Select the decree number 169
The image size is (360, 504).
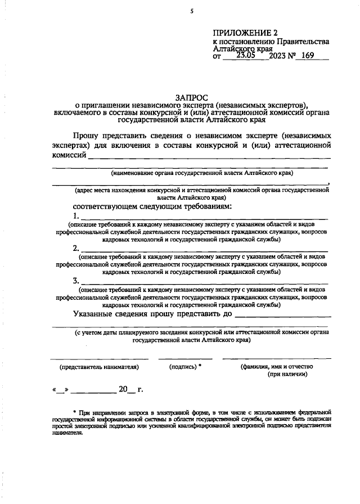pos(307,56)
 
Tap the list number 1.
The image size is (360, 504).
pos(76,215)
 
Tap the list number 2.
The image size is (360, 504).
pos(76,248)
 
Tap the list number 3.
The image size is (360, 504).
pos(76,281)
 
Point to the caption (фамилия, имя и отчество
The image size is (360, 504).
pos(276,366)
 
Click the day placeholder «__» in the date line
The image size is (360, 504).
pos(60,389)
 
